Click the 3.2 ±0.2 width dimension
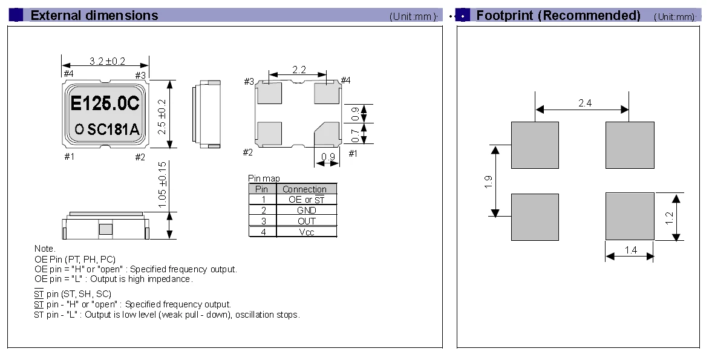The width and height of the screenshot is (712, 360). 107,61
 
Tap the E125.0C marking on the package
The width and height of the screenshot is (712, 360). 105,103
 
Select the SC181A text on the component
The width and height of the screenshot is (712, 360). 113,130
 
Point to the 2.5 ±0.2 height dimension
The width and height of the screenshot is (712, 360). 162,116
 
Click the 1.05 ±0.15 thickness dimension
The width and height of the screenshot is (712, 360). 162,185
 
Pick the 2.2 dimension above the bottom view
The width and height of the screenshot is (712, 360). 299,70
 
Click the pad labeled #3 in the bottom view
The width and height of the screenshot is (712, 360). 269,93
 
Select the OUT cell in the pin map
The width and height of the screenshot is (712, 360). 306,221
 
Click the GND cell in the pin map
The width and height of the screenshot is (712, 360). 306,210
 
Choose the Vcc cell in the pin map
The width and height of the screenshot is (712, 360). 306,232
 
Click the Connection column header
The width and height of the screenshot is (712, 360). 304,189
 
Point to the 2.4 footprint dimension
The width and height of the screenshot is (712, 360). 585,103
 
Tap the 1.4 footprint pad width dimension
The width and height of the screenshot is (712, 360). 631,250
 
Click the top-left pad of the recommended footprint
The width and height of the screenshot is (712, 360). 535,145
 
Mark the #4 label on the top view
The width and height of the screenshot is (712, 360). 68,74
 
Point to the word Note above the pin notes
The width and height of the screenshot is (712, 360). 45,249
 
